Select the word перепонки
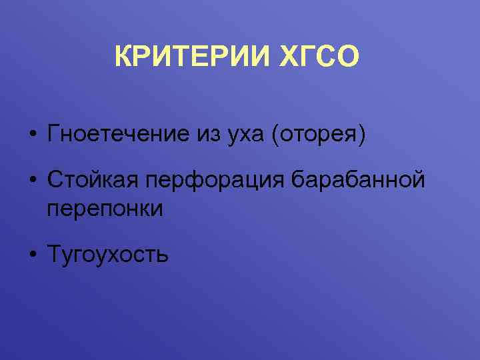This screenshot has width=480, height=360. [x=105, y=208]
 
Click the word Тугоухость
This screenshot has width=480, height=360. [x=107, y=254]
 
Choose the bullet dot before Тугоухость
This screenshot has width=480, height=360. [x=31, y=254]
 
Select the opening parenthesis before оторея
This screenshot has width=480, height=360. [x=274, y=135]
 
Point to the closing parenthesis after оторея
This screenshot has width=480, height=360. [x=363, y=135]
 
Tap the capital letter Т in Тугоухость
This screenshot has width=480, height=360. [x=53, y=254]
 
